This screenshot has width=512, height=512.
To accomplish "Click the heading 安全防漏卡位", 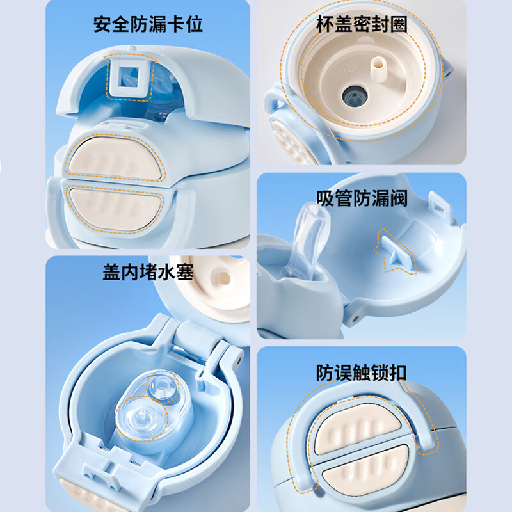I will click(148, 25).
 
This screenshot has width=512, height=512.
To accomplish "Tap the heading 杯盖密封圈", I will click(362, 25).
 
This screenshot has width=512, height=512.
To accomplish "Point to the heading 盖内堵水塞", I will click(148, 273).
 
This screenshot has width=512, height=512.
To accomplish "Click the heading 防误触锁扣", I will click(362, 372).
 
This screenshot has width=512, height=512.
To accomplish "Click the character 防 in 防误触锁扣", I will click(326, 372).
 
